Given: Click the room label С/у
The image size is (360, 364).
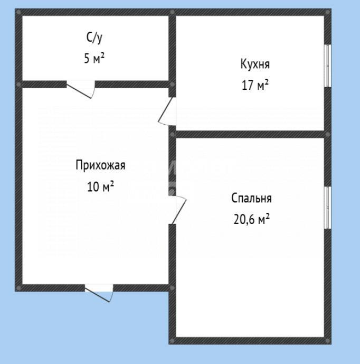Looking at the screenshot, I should tap(94, 38).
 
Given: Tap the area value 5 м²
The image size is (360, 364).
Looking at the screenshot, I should tap(94, 58).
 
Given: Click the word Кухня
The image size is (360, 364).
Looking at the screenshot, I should tap(255, 64).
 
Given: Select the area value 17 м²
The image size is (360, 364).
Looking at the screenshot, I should tap(255, 85).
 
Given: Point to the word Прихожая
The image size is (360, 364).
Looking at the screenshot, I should tap(100, 165).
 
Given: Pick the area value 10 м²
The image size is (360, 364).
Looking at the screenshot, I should tap(100, 186).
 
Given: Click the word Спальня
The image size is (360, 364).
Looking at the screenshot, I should tap(251, 199).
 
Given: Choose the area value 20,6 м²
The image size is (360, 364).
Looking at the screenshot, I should tap(251, 219).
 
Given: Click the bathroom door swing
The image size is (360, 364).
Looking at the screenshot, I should tap(82, 89).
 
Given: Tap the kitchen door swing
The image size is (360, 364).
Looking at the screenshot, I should tap(167, 112).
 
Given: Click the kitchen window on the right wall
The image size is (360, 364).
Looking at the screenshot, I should tap(327, 66).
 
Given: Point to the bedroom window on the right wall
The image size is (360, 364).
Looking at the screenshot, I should tap(327, 208).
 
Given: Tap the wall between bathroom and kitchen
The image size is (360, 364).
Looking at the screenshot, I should tap(172, 48).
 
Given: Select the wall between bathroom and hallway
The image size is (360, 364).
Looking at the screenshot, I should tap(132, 84).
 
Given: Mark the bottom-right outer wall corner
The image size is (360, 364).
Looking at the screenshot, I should tap(327, 341).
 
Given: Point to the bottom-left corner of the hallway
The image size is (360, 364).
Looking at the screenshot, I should tap(19, 288).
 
